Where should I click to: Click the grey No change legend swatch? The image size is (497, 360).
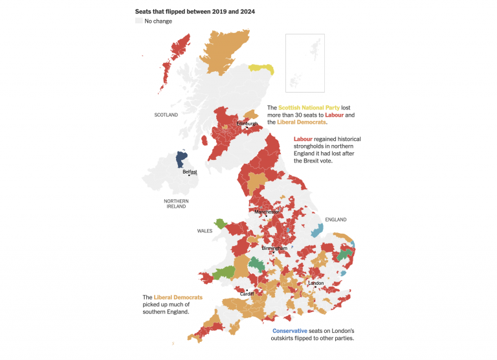coord(138,21)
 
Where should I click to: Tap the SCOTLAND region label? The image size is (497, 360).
coord(166,115)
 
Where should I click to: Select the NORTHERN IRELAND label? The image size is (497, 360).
coord(176,204)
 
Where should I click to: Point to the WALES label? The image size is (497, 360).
coord(205,231)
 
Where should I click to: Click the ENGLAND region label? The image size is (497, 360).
coord(336,219)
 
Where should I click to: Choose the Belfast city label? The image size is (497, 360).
coord(190,172)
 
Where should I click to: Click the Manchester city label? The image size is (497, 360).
coord(267,212)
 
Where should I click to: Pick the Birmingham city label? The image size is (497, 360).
coord(274,248)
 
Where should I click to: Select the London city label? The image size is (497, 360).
coord(316,283)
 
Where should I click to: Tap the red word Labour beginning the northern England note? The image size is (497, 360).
coord(304,139)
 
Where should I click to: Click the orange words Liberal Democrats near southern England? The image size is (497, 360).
coord(178,298)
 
